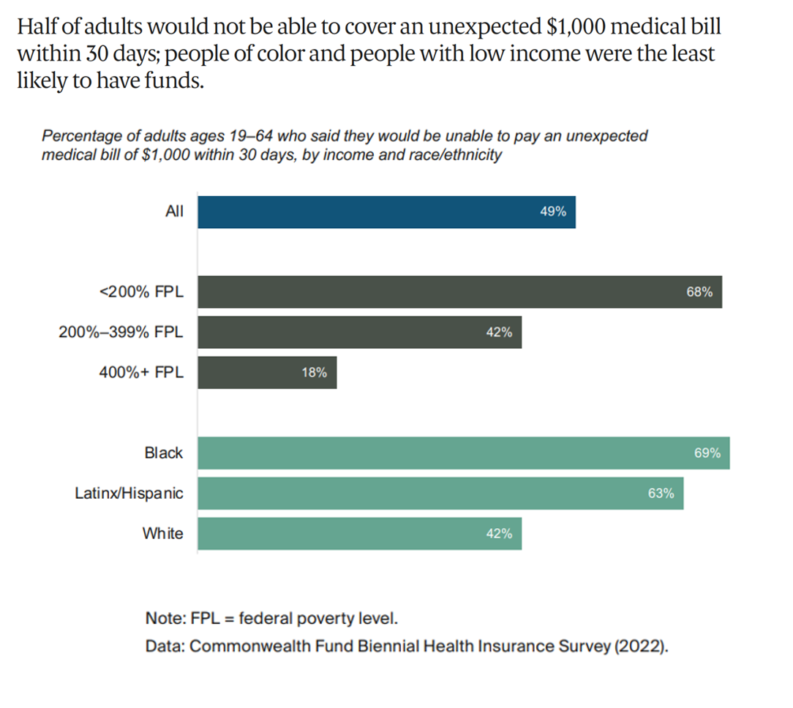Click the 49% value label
553,212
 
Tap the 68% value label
699,292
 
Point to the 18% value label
314,372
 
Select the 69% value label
707,453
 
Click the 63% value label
661,493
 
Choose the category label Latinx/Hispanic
129,494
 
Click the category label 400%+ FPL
141,372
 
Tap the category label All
174,212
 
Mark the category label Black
163,453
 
